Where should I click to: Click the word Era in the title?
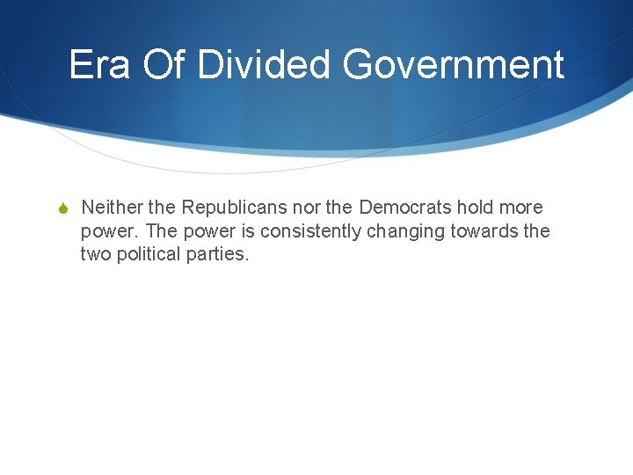[x=98, y=64]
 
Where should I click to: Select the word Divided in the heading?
[x=264, y=64]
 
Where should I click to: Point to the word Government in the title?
[x=453, y=64]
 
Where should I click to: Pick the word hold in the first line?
[x=475, y=208]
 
